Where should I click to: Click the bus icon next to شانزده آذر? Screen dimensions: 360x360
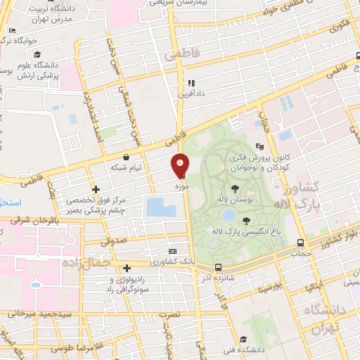coord(218,267)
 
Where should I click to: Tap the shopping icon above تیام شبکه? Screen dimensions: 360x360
coord(126,157)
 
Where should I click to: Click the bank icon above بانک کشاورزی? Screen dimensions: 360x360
coord(173,252)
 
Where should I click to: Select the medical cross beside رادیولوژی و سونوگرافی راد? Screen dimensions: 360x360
coord(127,268)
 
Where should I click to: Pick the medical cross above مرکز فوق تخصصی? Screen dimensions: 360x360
coord(96,189)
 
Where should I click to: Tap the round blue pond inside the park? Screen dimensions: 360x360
coord(229,214)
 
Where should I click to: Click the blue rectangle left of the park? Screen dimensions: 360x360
coord(161,207)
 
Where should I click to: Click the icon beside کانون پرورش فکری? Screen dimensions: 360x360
coord(260,147)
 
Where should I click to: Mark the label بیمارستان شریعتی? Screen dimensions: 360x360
coord(173,4)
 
